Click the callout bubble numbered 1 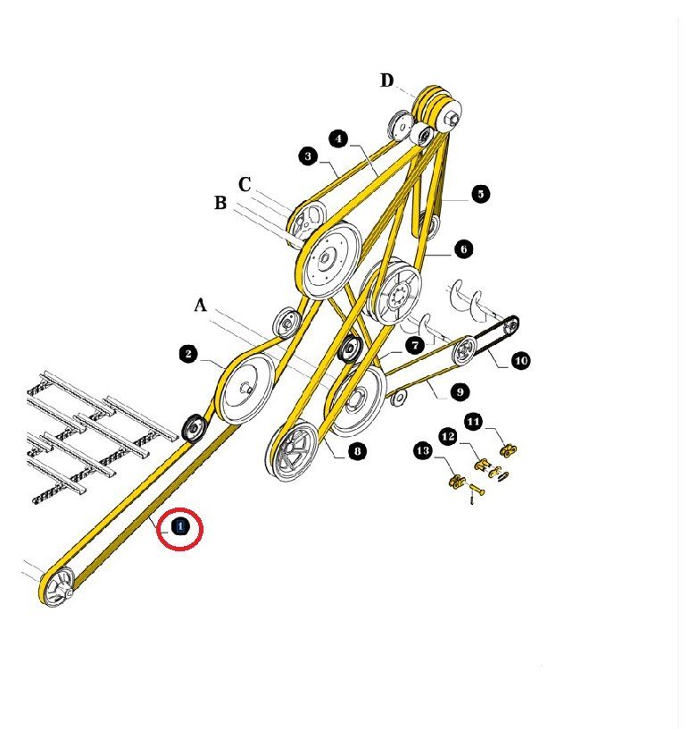[x=180, y=526]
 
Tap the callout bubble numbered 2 [x=189, y=354]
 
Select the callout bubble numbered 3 [x=308, y=156]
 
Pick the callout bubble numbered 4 [x=338, y=138]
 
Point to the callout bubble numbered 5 [x=480, y=194]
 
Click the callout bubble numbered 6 [x=464, y=248]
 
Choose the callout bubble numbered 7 [x=415, y=346]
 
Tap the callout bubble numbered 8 [x=357, y=450]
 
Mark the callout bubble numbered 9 [x=461, y=392]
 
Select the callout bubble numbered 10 [x=520, y=360]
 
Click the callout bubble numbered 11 [x=473, y=422]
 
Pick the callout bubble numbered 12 [x=448, y=436]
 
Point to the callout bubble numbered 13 [x=423, y=450]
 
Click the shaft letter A [x=200, y=305]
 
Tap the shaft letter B [x=220, y=203]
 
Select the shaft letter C [x=245, y=184]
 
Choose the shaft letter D [x=387, y=80]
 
